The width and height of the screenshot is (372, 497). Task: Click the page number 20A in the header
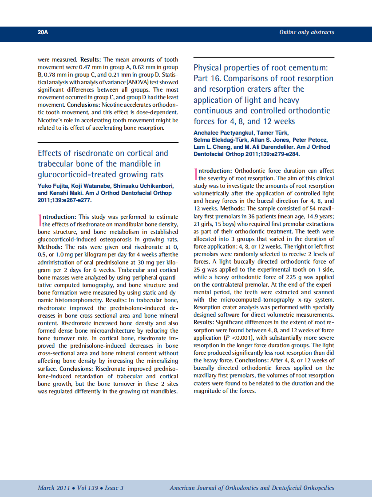(x=43, y=32)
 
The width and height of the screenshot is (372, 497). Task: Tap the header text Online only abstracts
(x=306, y=32)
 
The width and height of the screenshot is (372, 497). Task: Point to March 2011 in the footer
(x=52, y=488)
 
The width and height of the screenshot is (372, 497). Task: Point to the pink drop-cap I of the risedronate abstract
(x=40, y=221)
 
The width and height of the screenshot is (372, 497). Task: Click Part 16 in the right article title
(x=207, y=78)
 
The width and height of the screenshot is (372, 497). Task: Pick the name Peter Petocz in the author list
(x=312, y=140)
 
